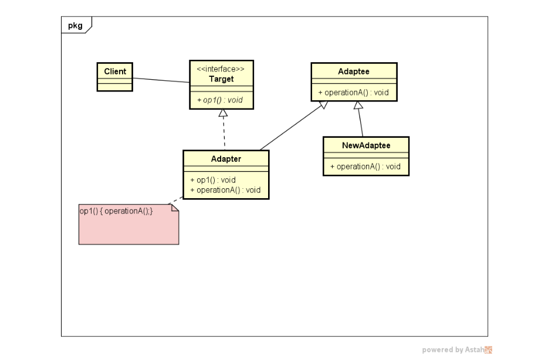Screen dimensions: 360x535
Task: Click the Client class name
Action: coord(115,72)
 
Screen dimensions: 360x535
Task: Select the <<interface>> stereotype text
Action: coord(221,69)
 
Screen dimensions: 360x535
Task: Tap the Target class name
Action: coord(221,79)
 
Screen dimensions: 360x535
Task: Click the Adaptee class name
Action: coord(354,71)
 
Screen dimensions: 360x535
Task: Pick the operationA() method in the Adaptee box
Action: coord(353,93)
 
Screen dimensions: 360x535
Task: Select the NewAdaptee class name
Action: coord(366,145)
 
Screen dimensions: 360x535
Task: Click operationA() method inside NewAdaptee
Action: coord(365,167)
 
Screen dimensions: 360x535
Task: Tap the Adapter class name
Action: coord(226,159)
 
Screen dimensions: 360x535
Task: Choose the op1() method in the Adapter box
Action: coord(213,180)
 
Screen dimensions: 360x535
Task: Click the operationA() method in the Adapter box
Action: coord(225,190)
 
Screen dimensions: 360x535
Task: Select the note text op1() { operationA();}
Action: coord(116,210)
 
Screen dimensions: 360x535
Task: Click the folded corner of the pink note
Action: coord(174,208)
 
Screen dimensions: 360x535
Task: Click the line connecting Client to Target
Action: coord(161,80)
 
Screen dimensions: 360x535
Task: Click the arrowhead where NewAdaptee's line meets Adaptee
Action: coord(358,106)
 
